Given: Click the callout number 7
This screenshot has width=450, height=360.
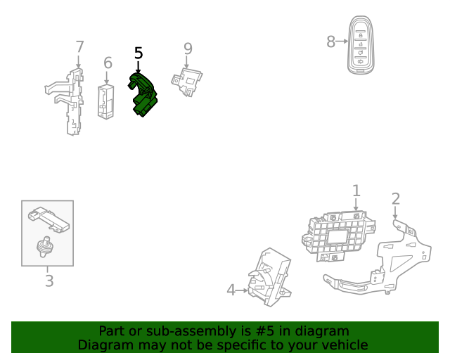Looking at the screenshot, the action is (79, 47).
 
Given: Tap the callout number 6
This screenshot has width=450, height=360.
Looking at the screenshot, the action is (108, 63).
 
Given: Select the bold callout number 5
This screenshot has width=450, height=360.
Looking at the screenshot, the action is (139, 53).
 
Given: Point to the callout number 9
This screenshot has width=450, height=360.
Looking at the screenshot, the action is (188, 49).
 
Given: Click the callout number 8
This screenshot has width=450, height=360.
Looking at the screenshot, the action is (331, 41).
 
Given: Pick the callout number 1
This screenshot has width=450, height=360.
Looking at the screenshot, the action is (356, 191).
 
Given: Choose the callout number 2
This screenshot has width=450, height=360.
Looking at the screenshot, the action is (396, 199).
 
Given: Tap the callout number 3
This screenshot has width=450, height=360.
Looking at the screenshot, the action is (49, 281).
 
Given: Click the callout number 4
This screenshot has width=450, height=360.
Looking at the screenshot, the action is (231, 290).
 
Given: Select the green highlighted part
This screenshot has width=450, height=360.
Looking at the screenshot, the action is (143, 95).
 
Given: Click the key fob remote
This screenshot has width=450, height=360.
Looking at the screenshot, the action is (361, 45).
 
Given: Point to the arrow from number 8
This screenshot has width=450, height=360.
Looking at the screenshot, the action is (342, 41).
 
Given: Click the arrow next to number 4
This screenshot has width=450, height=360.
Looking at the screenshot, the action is (242, 290).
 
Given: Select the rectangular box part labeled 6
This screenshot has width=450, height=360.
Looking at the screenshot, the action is (106, 102).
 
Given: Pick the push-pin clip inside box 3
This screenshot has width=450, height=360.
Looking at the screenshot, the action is (44, 247).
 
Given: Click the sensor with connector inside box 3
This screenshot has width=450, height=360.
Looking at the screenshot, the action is (49, 219).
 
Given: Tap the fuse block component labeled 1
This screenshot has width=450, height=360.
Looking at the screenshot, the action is (339, 236).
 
